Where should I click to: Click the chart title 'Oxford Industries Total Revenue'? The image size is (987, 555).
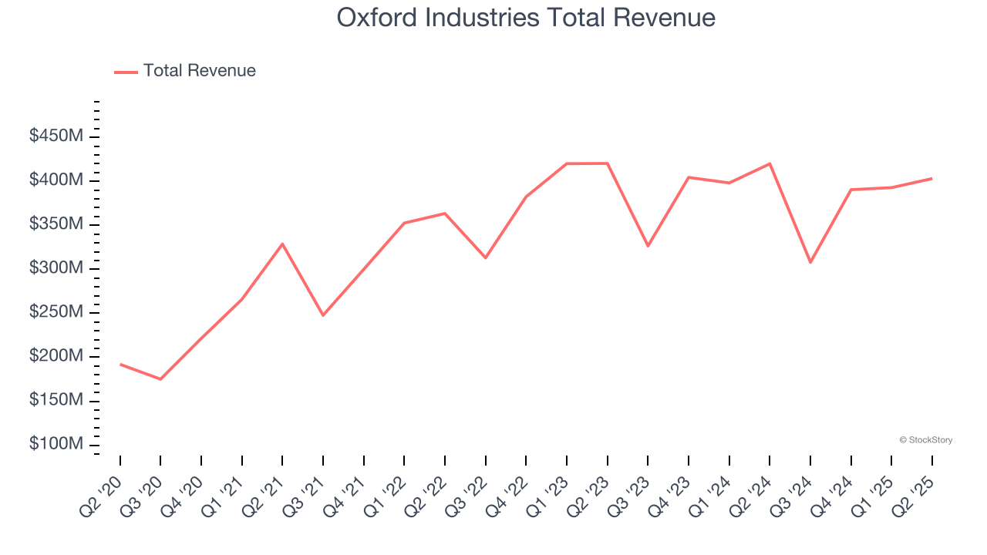[x=526, y=18]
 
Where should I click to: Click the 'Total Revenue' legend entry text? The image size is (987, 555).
[x=199, y=71]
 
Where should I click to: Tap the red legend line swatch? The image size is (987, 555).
[x=126, y=72]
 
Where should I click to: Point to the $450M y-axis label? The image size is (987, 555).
[x=56, y=136]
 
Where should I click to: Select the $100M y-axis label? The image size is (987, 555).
[x=56, y=445]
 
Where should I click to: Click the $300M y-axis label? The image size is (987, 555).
[x=56, y=268]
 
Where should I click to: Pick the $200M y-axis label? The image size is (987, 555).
[x=56, y=357]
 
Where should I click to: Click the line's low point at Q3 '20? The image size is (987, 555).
[x=160, y=379]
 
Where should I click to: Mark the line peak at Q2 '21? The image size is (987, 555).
[x=282, y=244]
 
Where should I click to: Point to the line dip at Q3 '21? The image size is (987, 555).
[x=323, y=315]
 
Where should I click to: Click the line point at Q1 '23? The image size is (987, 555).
[x=567, y=163]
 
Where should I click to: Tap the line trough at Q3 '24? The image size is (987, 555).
[x=810, y=262]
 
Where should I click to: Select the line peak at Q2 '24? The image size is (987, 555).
[x=770, y=163]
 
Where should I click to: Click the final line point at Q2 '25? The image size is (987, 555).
[x=931, y=178]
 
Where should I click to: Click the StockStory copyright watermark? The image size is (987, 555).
[x=925, y=440]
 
